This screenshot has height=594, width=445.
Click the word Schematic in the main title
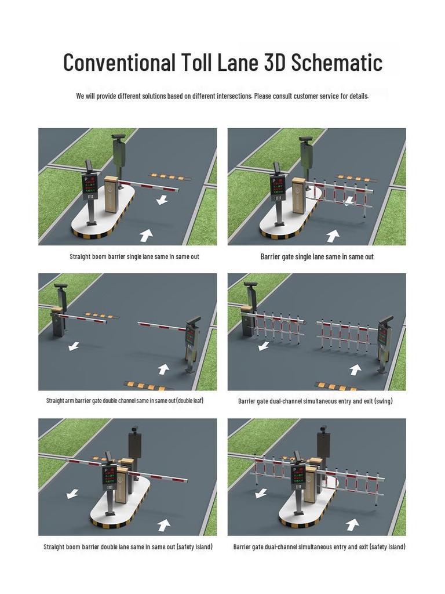[x=337, y=62]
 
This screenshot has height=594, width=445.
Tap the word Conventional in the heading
[x=119, y=62]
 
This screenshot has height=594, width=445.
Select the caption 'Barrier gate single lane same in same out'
[x=317, y=256]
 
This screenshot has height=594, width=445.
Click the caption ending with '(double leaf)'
[x=125, y=400]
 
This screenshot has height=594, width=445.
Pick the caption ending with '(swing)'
[x=315, y=401]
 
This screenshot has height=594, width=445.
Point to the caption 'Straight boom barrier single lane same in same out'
[x=134, y=256]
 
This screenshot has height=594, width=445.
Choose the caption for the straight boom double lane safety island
[x=127, y=546]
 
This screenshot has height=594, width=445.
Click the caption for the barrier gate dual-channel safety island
[x=319, y=546]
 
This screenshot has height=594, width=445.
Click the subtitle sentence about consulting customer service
[x=222, y=96]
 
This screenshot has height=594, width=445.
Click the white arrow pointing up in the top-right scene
[x=333, y=236]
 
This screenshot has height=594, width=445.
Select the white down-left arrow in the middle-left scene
[x=73, y=346]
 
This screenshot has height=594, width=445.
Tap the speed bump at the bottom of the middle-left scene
[x=149, y=385]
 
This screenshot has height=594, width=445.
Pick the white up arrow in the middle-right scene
[x=355, y=370]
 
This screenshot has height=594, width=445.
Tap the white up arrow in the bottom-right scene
[x=352, y=524]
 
